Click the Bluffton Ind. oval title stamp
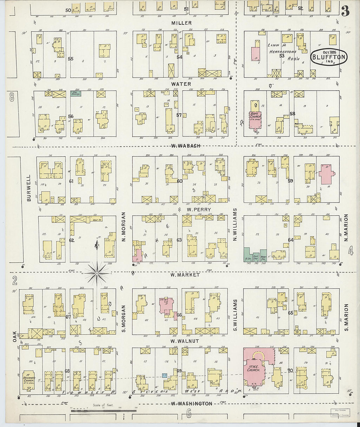click(329, 58)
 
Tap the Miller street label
click(181, 23)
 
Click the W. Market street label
click(185, 275)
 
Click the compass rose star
click(97, 272)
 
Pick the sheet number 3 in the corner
click(345, 12)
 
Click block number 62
click(71, 240)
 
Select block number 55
click(70, 59)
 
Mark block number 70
click(290, 371)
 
